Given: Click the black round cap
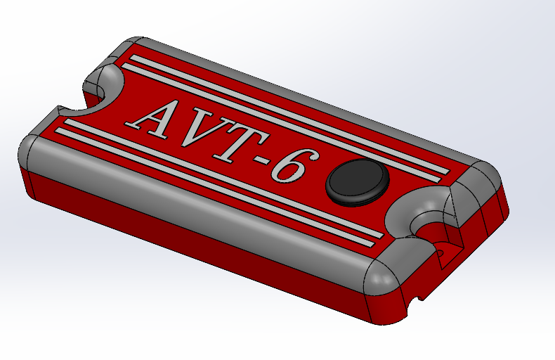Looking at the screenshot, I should (x=358, y=181).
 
